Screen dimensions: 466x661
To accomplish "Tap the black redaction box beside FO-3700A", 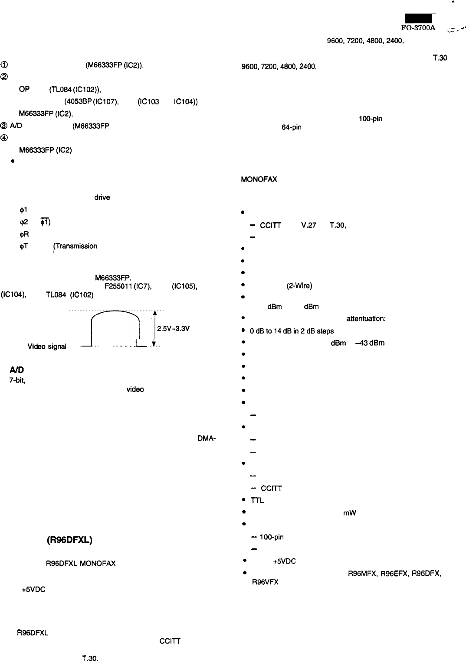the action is (x=418, y=18).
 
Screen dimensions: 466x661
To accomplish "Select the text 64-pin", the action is (x=291, y=127).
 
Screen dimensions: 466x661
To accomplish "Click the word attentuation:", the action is (x=366, y=319).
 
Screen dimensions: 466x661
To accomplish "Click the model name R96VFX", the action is (x=265, y=582).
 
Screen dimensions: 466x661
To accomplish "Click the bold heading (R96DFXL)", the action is (x=69, y=540).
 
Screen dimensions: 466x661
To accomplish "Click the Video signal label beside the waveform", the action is (x=47, y=347).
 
